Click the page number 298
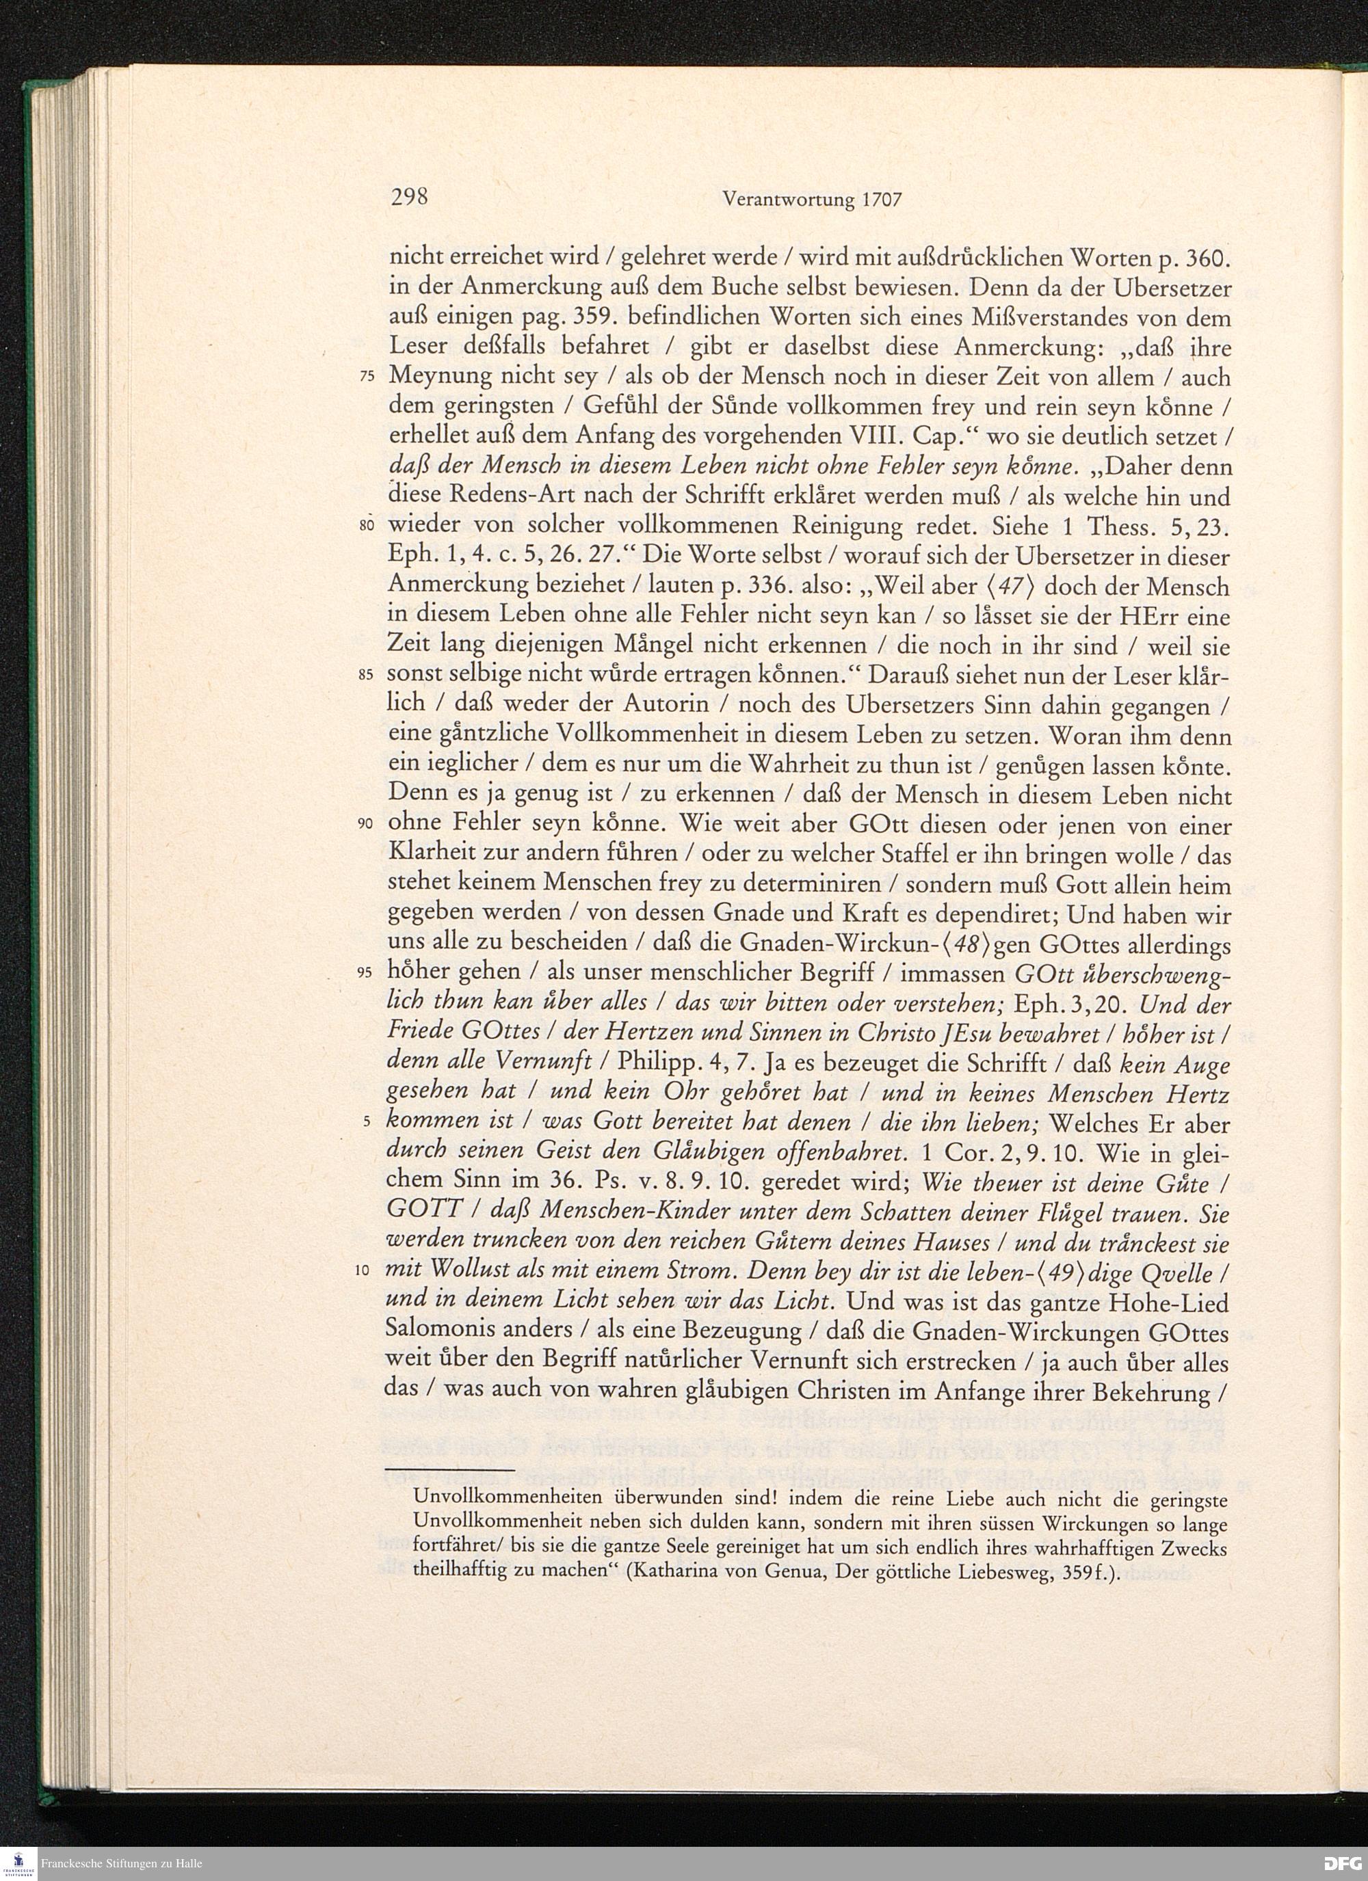click(408, 198)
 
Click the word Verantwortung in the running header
click(789, 200)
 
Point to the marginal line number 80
click(369, 526)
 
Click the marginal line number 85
click(369, 676)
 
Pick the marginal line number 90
click(369, 825)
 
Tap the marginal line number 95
click(369, 974)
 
